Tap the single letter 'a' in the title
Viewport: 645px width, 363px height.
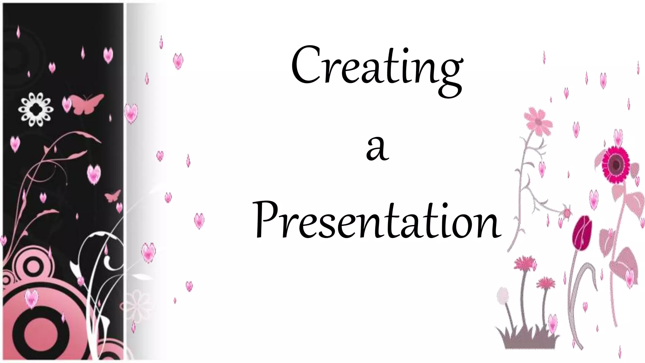click(377, 148)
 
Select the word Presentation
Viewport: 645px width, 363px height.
click(377, 221)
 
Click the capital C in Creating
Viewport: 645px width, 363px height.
click(304, 65)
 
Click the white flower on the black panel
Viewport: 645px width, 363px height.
click(35, 109)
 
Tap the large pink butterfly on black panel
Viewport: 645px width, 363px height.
click(86, 103)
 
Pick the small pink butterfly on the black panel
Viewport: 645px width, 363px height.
click(113, 196)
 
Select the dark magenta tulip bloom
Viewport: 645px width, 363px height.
click(582, 233)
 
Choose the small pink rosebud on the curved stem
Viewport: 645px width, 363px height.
click(567, 213)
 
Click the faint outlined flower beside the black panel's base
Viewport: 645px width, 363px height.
click(137, 301)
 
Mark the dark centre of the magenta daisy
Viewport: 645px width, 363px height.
click(614, 164)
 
